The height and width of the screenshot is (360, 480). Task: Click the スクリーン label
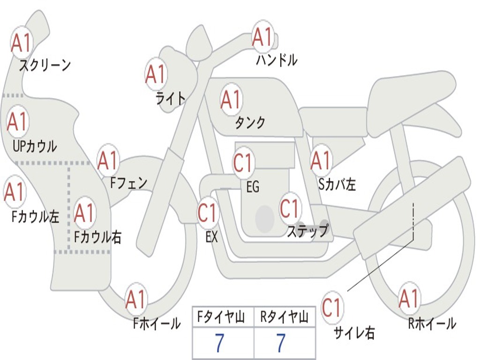(x=45, y=65)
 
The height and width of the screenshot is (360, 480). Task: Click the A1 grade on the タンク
(x=231, y=100)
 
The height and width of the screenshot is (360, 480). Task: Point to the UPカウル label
(x=34, y=146)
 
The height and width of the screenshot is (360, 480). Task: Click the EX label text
(x=211, y=237)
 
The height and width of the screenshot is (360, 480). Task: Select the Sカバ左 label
(x=337, y=184)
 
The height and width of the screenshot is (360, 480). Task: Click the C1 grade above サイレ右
(x=332, y=308)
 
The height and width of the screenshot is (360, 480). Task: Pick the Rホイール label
(x=432, y=323)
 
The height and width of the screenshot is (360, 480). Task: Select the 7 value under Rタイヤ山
(x=280, y=344)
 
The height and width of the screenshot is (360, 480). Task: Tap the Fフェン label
(x=129, y=183)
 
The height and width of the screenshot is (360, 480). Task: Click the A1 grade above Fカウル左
(x=14, y=192)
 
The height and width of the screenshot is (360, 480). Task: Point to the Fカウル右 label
(x=98, y=237)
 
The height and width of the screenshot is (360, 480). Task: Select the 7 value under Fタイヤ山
(x=219, y=344)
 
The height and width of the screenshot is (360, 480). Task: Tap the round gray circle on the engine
(x=265, y=218)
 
